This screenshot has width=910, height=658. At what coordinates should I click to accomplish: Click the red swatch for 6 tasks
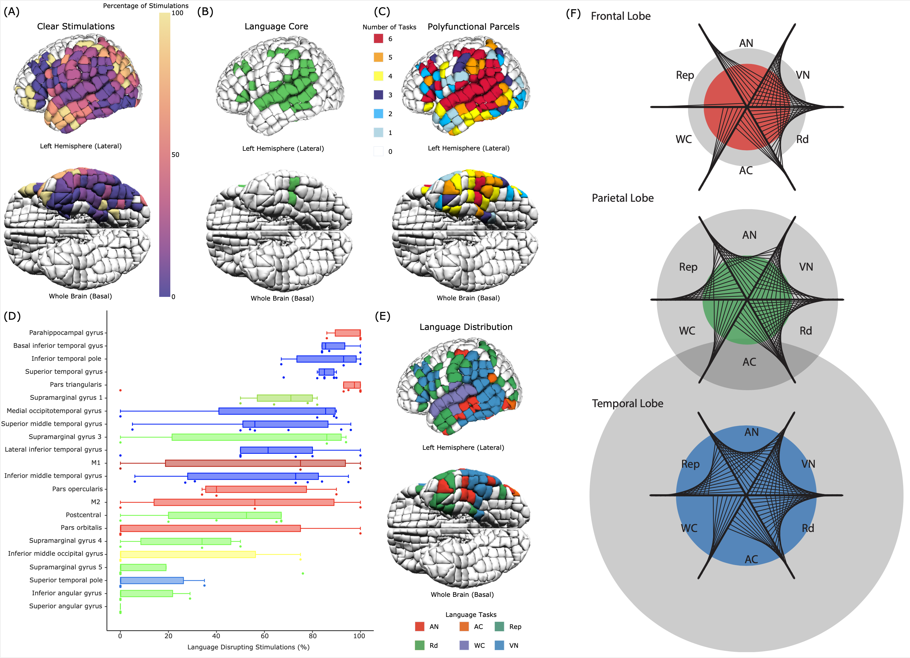click(x=378, y=39)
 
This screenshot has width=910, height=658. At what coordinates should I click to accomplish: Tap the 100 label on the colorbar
click(x=177, y=13)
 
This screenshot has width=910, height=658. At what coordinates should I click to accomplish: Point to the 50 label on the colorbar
click(x=175, y=155)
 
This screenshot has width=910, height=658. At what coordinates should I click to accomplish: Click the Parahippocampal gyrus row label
click(x=66, y=332)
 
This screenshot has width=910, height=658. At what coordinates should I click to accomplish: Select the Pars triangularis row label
click(x=75, y=385)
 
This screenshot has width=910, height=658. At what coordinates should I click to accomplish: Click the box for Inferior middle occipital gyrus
click(x=188, y=554)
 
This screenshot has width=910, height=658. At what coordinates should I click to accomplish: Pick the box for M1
click(x=255, y=463)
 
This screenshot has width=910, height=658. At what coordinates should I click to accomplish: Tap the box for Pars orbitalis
click(x=210, y=528)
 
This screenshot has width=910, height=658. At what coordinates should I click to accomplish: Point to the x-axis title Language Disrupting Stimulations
click(x=248, y=647)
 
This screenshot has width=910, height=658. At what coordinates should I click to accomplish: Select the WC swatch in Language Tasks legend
click(x=464, y=645)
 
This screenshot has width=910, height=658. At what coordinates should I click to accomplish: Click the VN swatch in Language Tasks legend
click(x=499, y=645)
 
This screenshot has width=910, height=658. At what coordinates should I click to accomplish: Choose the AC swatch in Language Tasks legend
click(x=464, y=626)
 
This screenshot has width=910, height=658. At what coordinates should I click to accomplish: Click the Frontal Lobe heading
click(x=620, y=16)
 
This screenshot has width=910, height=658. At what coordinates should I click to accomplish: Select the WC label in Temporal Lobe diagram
click(x=689, y=528)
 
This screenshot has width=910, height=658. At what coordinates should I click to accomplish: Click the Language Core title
click(x=276, y=27)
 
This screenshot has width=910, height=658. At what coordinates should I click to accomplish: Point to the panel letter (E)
click(x=382, y=316)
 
